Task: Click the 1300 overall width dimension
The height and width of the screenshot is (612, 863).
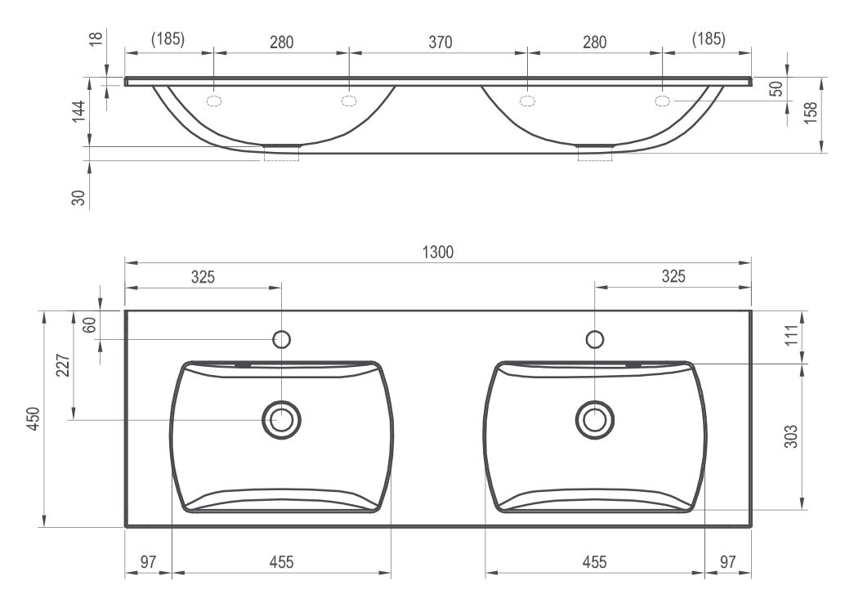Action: [438, 252]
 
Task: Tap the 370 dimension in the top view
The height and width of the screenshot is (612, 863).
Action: [440, 42]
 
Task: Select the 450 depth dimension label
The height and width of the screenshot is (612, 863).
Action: [34, 418]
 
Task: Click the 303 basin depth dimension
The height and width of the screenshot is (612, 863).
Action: [790, 436]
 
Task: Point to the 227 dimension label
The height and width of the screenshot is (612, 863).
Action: [64, 365]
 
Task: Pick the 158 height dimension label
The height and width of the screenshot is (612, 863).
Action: [810, 113]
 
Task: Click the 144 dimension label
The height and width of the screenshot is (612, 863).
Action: [78, 112]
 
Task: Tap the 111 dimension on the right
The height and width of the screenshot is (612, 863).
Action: [791, 335]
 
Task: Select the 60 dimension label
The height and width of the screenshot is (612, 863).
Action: [90, 324]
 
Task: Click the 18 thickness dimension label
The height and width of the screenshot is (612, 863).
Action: [96, 38]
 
